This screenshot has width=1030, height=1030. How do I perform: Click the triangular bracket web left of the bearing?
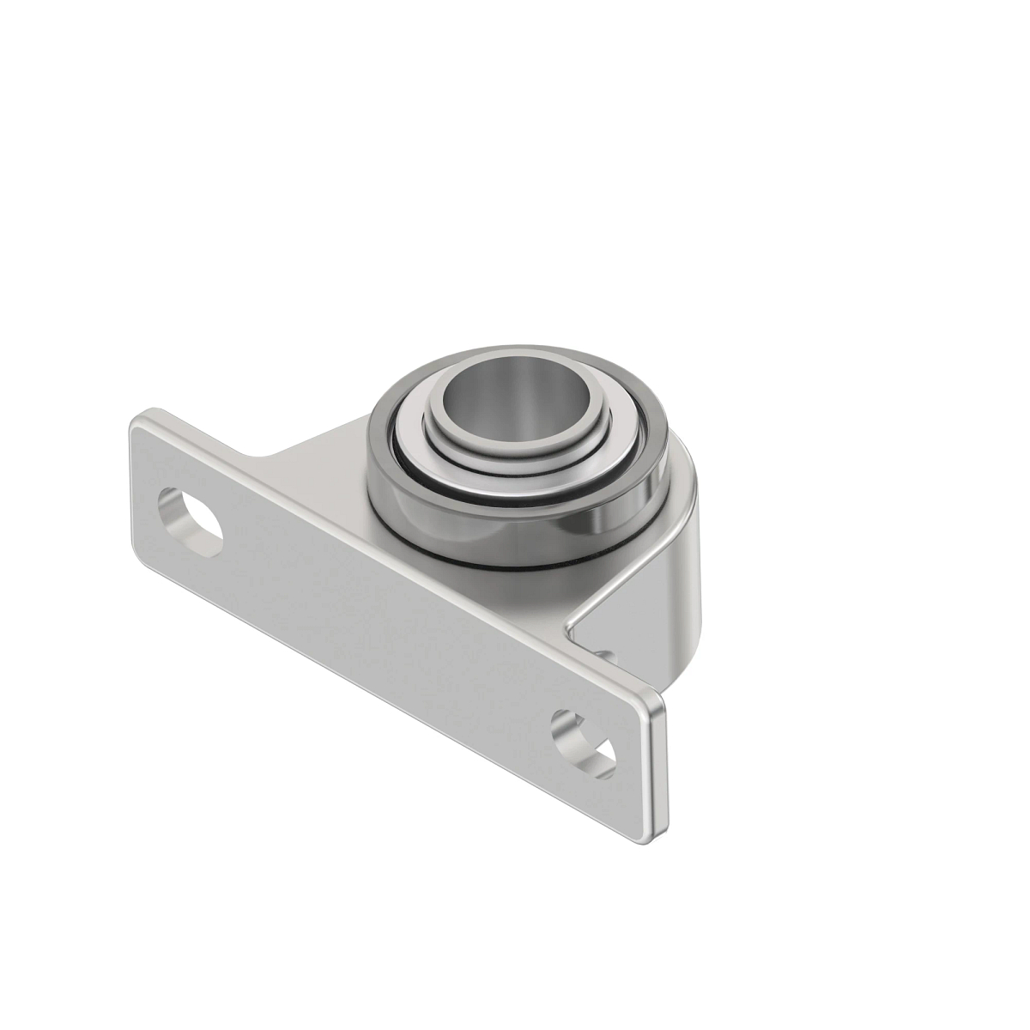[x=326, y=451]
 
